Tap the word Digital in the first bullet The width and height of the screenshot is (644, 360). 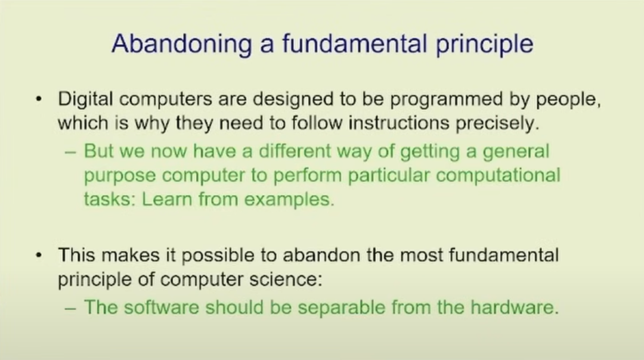click(85, 100)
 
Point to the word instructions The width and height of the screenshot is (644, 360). click(399, 123)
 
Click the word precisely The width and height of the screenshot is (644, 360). click(497, 124)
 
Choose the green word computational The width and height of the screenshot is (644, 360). click(498, 176)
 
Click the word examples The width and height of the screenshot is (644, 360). click(289, 200)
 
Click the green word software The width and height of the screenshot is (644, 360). click(162, 308)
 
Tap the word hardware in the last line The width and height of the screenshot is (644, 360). click(515, 308)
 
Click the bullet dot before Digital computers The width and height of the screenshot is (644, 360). click(39, 100)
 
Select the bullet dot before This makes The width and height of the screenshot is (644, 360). click(39, 255)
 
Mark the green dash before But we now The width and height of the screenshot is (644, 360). click(70, 152)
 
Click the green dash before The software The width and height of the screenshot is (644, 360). click(70, 308)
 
